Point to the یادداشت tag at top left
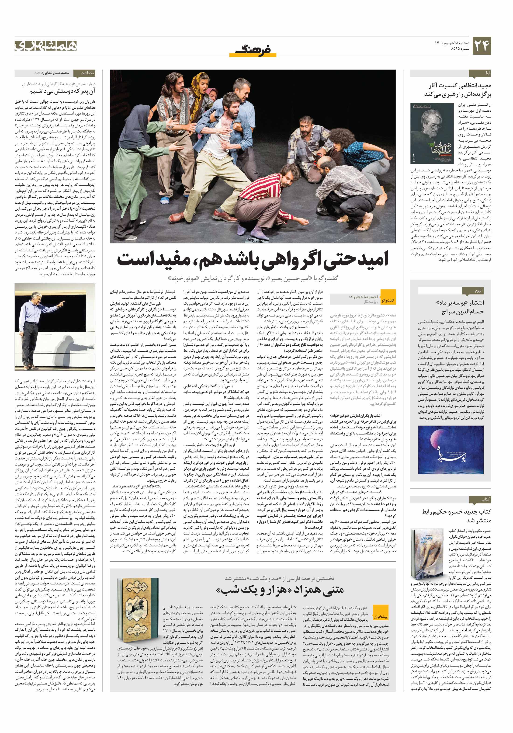pos(87,73)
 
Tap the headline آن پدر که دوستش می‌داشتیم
pos(62,92)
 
